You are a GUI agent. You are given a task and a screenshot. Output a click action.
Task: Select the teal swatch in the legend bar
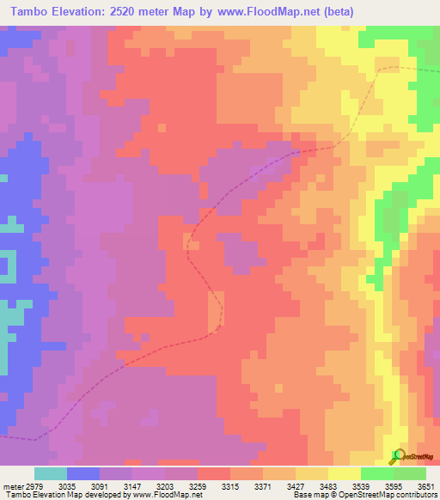[51, 473]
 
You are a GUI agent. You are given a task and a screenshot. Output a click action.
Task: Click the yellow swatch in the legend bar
[344, 473]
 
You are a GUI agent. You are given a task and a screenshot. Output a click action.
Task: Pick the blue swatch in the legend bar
[83, 473]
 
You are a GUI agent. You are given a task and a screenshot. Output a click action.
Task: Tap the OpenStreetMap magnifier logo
[397, 455]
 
